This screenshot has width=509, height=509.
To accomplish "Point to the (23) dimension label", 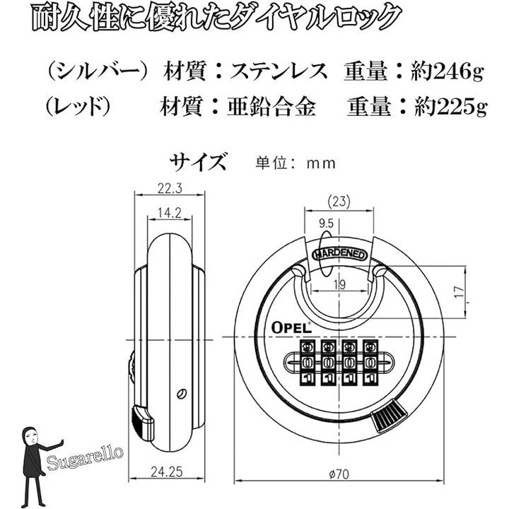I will tap(339, 201).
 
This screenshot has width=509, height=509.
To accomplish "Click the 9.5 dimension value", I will tap(326, 224).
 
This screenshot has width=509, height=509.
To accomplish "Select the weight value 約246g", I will tap(443, 71).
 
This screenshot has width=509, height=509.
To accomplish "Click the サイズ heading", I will tap(198, 162).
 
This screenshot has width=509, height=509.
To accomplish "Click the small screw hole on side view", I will tap(182, 393).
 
